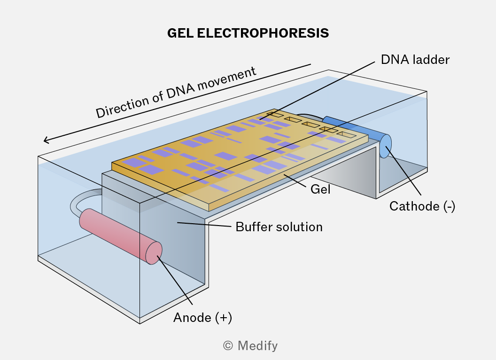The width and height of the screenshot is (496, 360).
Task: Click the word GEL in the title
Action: click(180, 33)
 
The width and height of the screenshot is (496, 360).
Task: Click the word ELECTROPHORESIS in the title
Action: click(263, 33)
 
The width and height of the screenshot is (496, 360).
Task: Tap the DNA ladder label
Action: click(415, 60)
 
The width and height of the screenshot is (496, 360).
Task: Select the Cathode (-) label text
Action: click(422, 206)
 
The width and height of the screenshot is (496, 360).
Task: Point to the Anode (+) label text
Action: click(202, 318)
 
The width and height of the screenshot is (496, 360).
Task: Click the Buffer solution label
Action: click(279, 227)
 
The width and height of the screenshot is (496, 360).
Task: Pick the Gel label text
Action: click(320, 189)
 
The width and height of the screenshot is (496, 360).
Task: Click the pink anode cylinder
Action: click(121, 236)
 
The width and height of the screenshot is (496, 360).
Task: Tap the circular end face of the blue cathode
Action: click(385, 146)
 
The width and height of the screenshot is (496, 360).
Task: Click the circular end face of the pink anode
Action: click(154, 253)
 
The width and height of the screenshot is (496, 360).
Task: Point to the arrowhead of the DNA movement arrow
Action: click(46, 140)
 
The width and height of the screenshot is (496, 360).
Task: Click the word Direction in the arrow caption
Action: click(123, 105)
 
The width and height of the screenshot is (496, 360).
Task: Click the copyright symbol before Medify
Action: click(228, 346)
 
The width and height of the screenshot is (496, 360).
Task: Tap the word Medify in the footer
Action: click(257, 346)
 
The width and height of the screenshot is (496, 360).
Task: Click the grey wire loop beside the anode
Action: click(79, 198)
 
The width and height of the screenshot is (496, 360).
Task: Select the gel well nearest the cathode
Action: click(347, 134)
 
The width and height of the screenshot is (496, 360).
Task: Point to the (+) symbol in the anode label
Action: click(223, 318)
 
